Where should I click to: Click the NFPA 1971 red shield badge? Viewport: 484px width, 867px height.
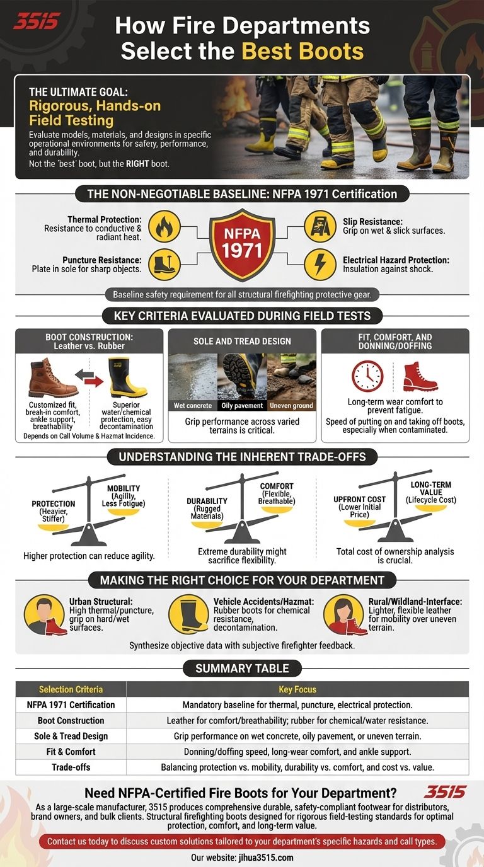pos(243,244)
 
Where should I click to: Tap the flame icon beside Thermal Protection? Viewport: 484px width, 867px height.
pos(164,227)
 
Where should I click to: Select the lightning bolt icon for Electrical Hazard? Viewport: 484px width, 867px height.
pos(320,265)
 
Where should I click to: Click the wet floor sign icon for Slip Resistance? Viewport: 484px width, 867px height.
pos(320,227)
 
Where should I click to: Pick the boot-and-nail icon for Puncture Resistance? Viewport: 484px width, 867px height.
pos(164,265)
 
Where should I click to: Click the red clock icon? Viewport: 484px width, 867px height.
pos(367,376)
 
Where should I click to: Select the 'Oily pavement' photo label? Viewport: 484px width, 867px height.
pos(242,405)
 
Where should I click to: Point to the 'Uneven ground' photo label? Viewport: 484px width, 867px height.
pos(292,405)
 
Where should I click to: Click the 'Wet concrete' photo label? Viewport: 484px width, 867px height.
pos(193,405)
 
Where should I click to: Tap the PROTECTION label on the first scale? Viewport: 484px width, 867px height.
pos(54,503)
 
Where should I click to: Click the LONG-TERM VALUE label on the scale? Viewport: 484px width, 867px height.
pos(431,488)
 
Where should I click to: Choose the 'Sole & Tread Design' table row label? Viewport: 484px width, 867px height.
pos(71,736)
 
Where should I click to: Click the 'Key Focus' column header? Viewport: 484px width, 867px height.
pos(297,689)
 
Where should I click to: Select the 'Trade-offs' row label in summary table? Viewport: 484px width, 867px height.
pos(71,767)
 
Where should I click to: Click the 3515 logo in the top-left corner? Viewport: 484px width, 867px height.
pos(37,21)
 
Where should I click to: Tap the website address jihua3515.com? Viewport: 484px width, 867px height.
pos(265,858)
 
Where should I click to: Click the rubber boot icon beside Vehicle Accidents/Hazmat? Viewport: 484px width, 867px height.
pos(188,614)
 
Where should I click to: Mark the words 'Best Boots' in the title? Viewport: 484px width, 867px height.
pos(302,51)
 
